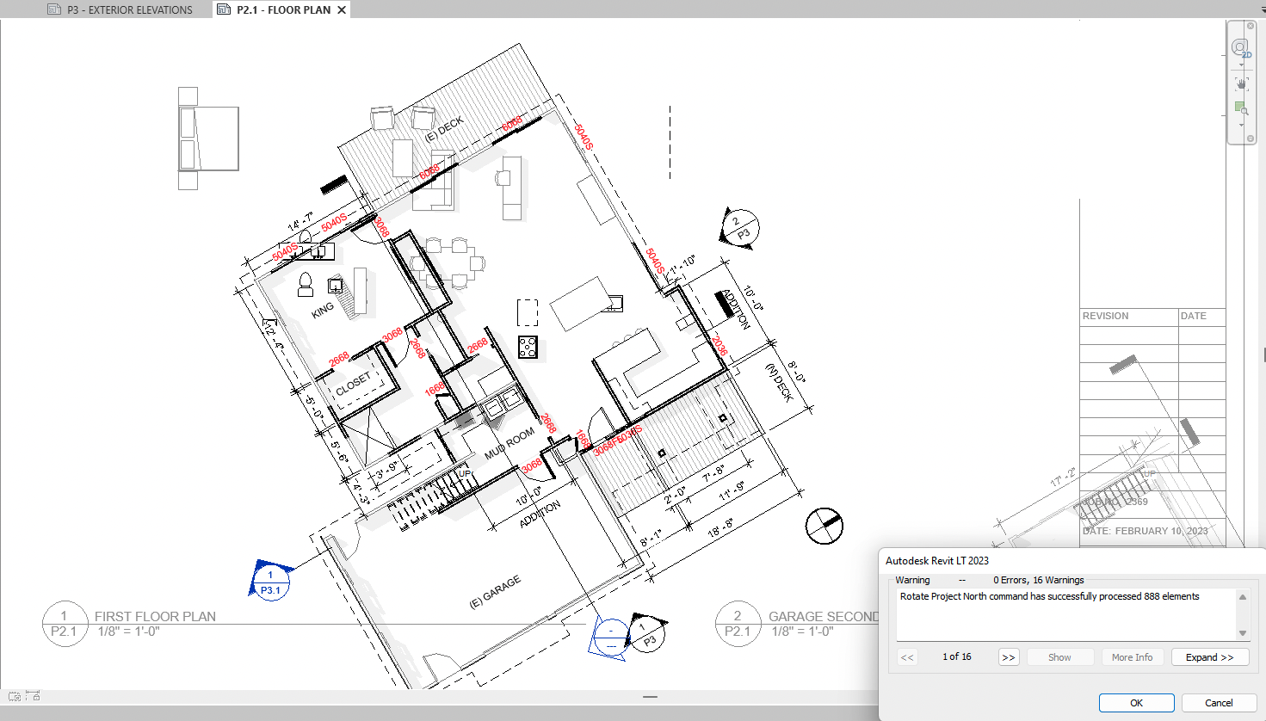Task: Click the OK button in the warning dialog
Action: [1136, 703]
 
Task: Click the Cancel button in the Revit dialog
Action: [1218, 703]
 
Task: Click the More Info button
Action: [1132, 657]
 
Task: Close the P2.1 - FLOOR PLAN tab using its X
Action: [342, 9]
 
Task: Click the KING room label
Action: [323, 310]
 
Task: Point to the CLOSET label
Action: [354, 384]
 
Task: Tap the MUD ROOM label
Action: [509, 444]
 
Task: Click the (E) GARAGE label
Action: [495, 593]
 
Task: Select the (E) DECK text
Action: [444, 129]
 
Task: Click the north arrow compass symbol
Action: [824, 526]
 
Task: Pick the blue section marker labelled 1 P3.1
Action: [270, 582]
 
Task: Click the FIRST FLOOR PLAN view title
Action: [155, 617]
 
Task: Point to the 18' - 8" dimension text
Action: [720, 527]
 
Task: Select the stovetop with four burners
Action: [528, 348]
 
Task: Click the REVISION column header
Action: [1105, 316]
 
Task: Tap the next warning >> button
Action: [1008, 657]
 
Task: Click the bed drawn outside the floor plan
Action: [208, 138]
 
